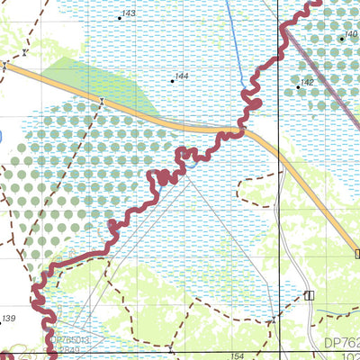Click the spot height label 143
pyautogui.click(x=128, y=13)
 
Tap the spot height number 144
pyautogui.click(x=182, y=77)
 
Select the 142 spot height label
pyautogui.click(x=307, y=83)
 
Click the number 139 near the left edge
pyautogui.click(x=9, y=319)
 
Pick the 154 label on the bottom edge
pyautogui.click(x=237, y=356)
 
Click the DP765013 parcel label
pyautogui.click(x=70, y=340)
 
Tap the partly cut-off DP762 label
pyautogui.click(x=341, y=343)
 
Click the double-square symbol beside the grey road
pyautogui.click(x=309, y=294)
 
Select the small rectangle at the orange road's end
pyautogui.click(x=356, y=254)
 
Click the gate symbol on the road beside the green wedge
pyautogui.click(x=103, y=101)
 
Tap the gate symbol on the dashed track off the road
pyautogui.click(x=4, y=65)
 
